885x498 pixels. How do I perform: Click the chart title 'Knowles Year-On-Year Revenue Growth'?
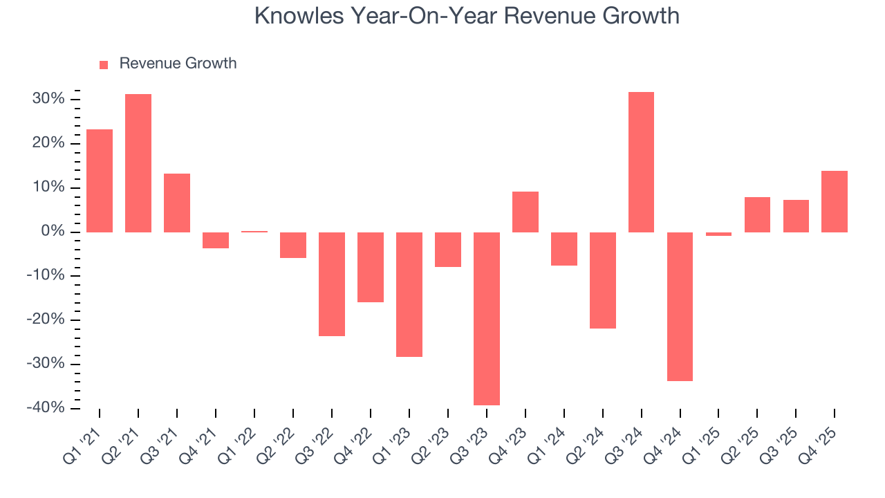[467, 16]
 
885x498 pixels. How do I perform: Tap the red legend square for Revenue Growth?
[104, 64]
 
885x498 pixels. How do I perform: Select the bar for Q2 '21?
[138, 163]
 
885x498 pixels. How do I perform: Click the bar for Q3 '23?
[486, 318]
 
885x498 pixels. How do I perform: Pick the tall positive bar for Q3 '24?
[641, 162]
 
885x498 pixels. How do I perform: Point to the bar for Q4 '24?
[680, 306]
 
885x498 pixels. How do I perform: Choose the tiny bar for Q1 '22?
[254, 231]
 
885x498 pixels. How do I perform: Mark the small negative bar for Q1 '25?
[718, 234]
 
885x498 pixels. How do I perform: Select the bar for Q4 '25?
[835, 201]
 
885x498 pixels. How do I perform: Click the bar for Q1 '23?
[409, 294]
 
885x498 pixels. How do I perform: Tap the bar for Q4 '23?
[525, 212]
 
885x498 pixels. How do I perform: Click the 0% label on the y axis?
[54, 232]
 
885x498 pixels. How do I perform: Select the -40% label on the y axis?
[47, 408]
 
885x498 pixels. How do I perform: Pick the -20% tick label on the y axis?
[47, 320]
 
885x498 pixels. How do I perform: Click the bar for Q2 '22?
[293, 245]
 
